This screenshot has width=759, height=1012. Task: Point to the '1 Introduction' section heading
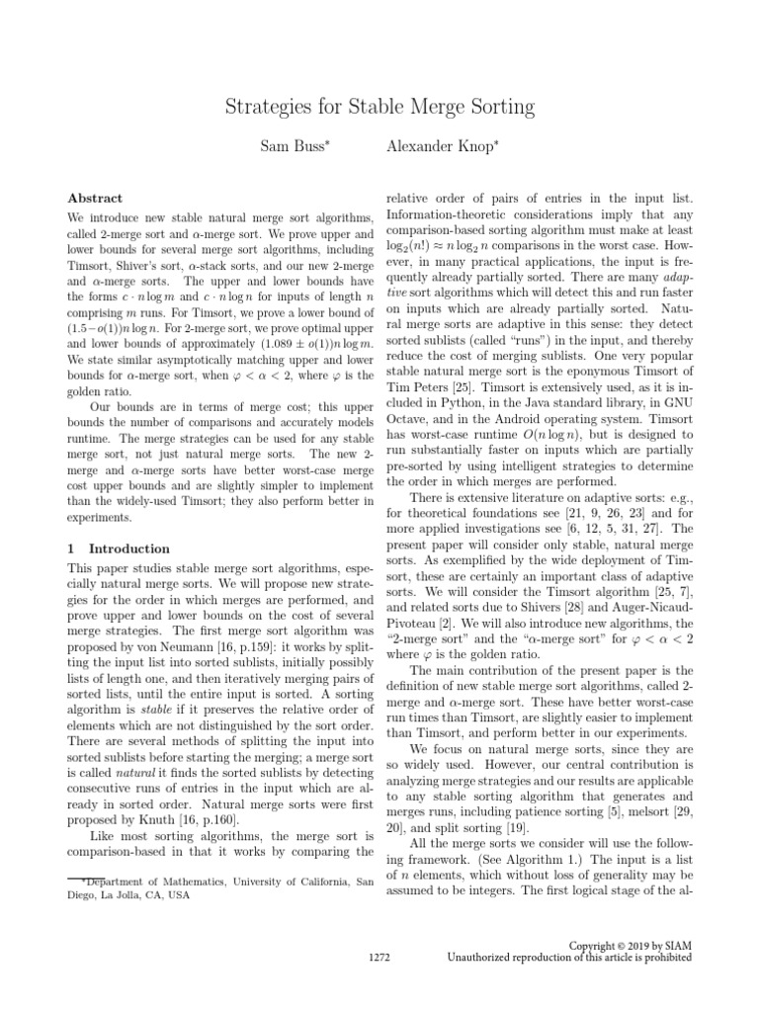[x=118, y=548]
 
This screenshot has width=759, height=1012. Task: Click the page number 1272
[x=379, y=957]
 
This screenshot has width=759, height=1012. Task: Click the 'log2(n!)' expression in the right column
[x=409, y=249]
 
